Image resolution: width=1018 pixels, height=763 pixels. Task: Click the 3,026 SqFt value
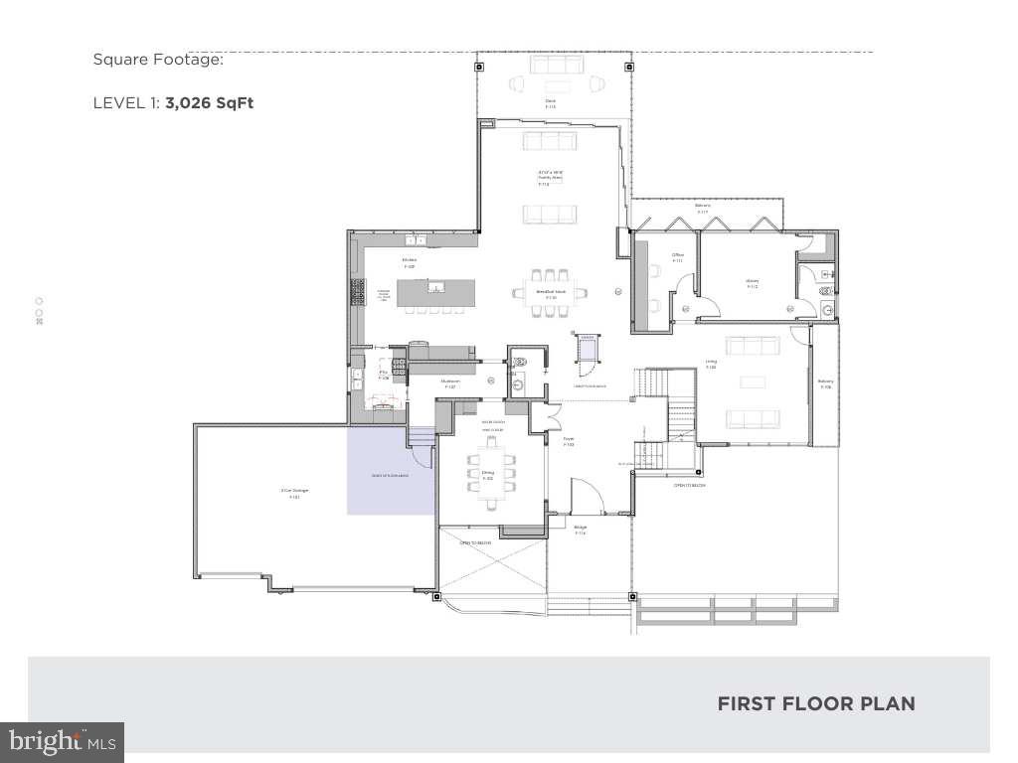click(x=210, y=102)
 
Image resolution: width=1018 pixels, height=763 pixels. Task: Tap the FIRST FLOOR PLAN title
click(x=815, y=703)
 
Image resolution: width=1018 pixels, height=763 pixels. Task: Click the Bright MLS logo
click(x=62, y=740)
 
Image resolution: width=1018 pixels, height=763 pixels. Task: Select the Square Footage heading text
click(x=158, y=60)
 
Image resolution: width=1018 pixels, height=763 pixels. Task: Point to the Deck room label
click(x=549, y=102)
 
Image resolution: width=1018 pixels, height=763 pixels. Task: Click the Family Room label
click(x=550, y=176)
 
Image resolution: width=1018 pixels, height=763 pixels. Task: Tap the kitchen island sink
click(x=435, y=288)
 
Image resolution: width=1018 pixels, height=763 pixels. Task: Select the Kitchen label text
click(x=409, y=263)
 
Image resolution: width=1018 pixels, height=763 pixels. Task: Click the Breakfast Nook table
click(x=549, y=292)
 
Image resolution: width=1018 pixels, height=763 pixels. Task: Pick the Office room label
click(x=678, y=257)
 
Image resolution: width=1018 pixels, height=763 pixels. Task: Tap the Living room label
click(x=711, y=364)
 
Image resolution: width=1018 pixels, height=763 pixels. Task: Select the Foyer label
click(x=569, y=441)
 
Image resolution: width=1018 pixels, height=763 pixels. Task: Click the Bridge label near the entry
click(x=581, y=530)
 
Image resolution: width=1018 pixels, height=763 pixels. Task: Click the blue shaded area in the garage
click(x=390, y=472)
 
